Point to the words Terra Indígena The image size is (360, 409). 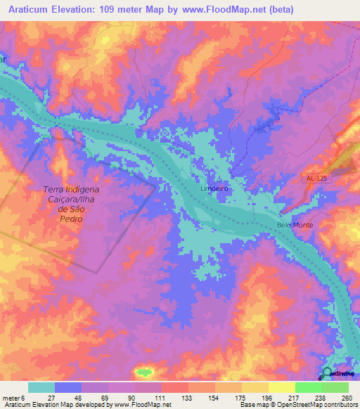pyautogui.click(x=72, y=190)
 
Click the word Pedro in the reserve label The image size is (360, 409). pyautogui.click(x=72, y=219)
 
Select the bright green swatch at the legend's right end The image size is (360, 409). pyautogui.click(x=335, y=387)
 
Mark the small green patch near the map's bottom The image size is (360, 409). pyautogui.click(x=144, y=372)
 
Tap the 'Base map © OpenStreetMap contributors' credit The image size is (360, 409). pyautogui.click(x=298, y=405)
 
